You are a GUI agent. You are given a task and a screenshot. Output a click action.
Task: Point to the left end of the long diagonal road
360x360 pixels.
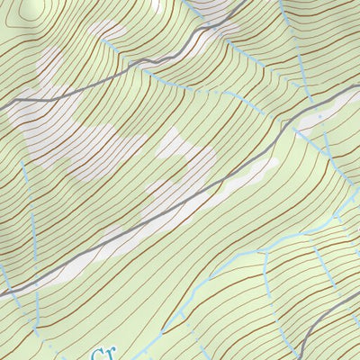[x=2, y=293]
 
